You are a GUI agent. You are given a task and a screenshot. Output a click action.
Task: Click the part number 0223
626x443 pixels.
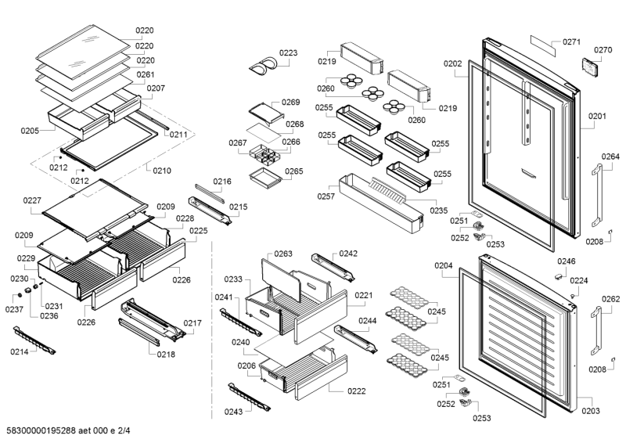pos(289,53)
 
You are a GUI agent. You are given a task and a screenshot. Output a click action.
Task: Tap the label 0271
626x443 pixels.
pos(571,41)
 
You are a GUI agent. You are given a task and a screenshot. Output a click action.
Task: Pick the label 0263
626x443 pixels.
pos(282,254)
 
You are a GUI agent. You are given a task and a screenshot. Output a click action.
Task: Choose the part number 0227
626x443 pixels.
pos(32,200)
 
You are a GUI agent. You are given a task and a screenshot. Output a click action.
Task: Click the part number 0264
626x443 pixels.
pos(610,157)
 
